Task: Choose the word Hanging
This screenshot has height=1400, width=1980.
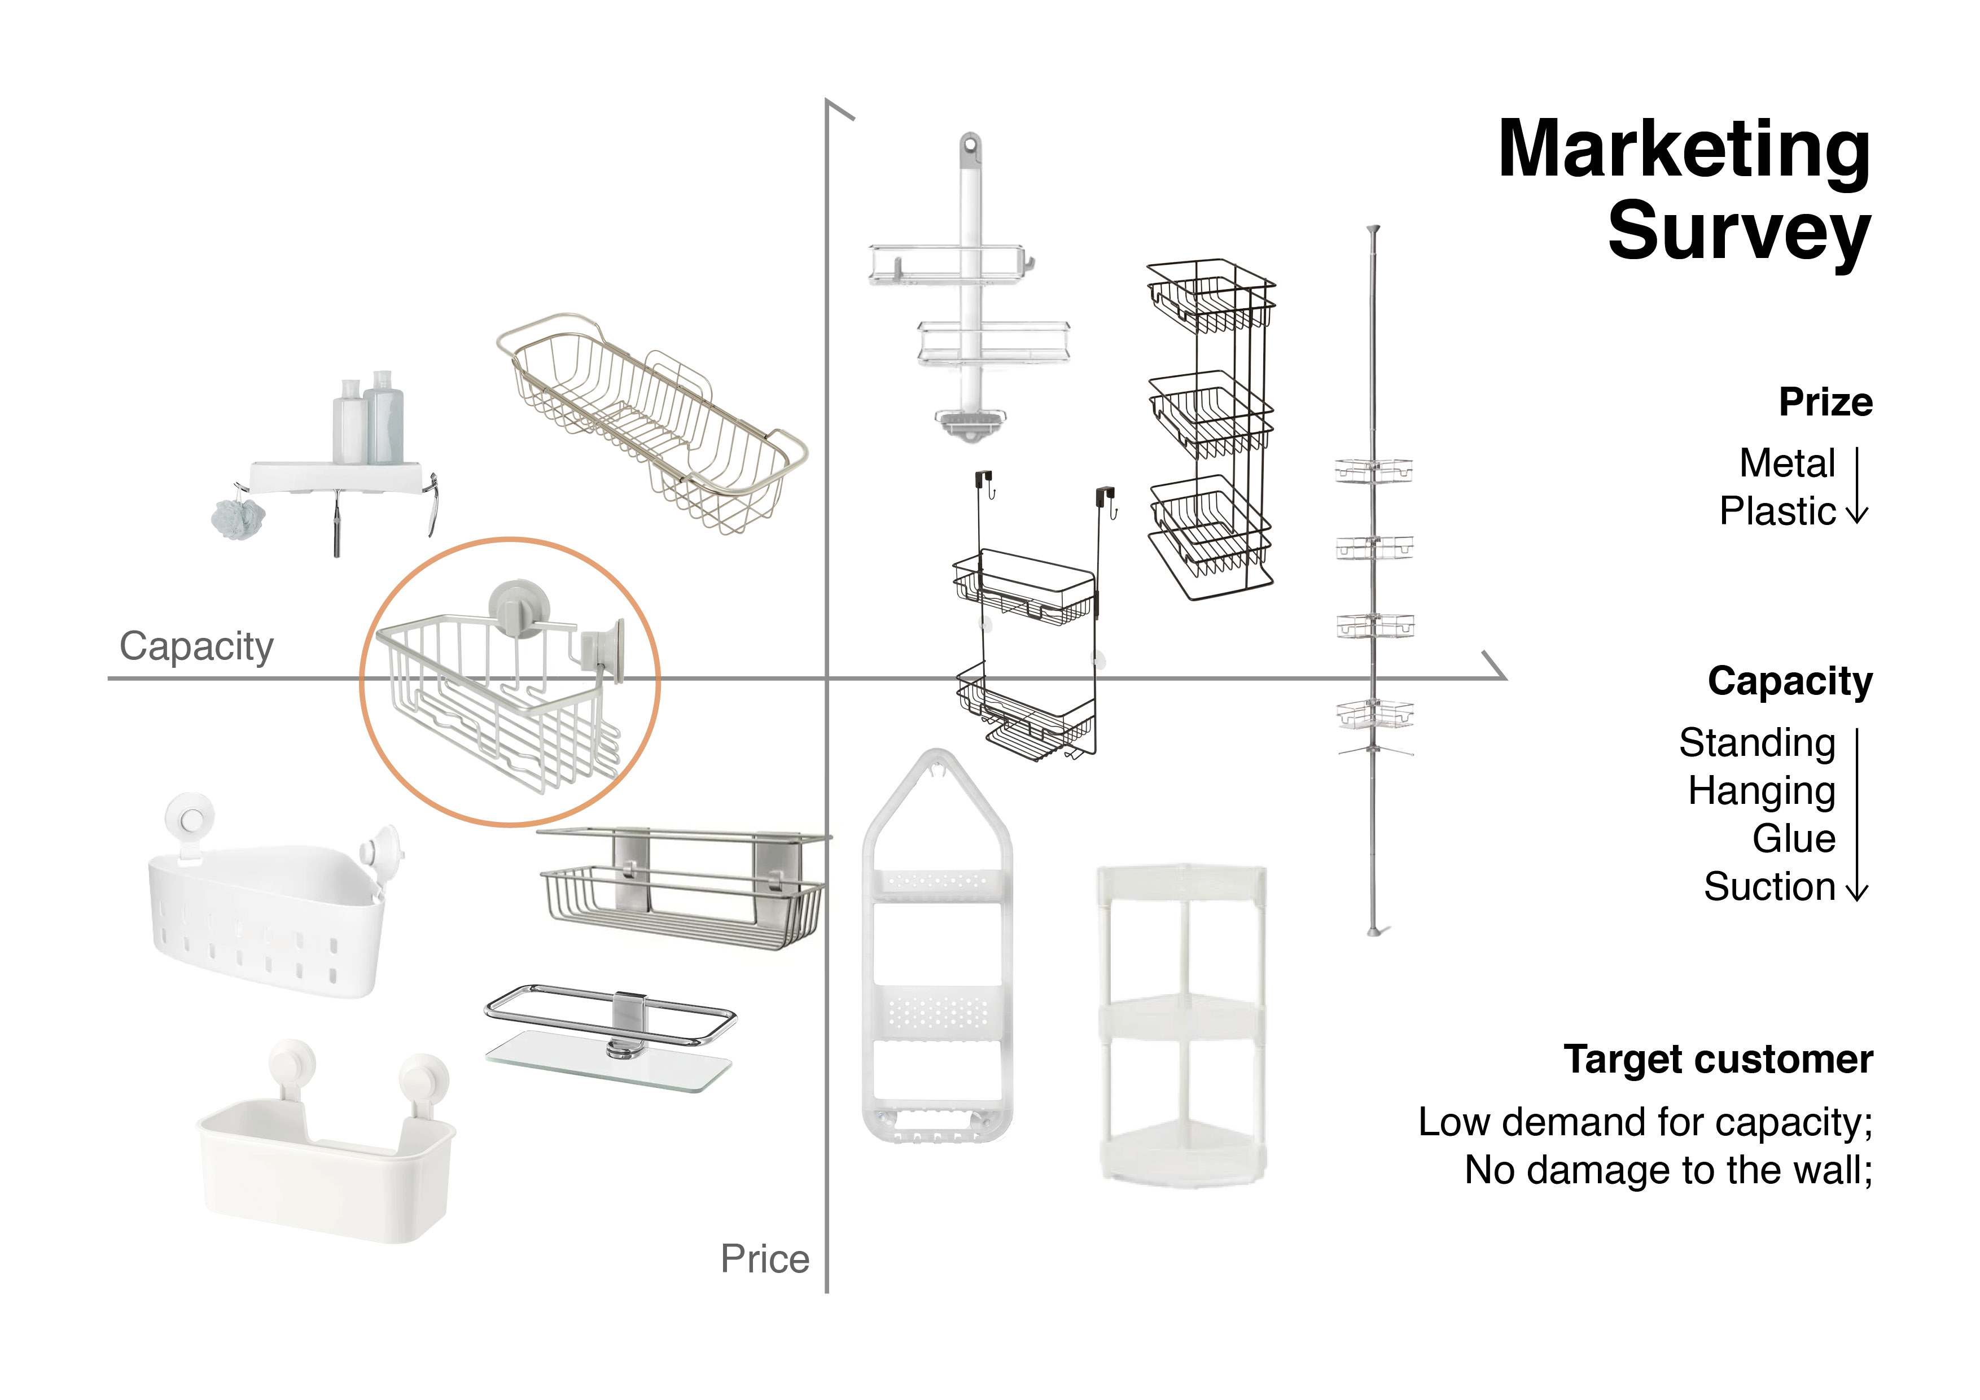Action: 1761,791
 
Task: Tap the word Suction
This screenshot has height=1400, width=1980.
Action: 1769,887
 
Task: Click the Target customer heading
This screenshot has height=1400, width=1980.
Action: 1718,1059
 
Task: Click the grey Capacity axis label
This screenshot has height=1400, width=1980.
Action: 196,646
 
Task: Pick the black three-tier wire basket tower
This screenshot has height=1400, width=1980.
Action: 1211,428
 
